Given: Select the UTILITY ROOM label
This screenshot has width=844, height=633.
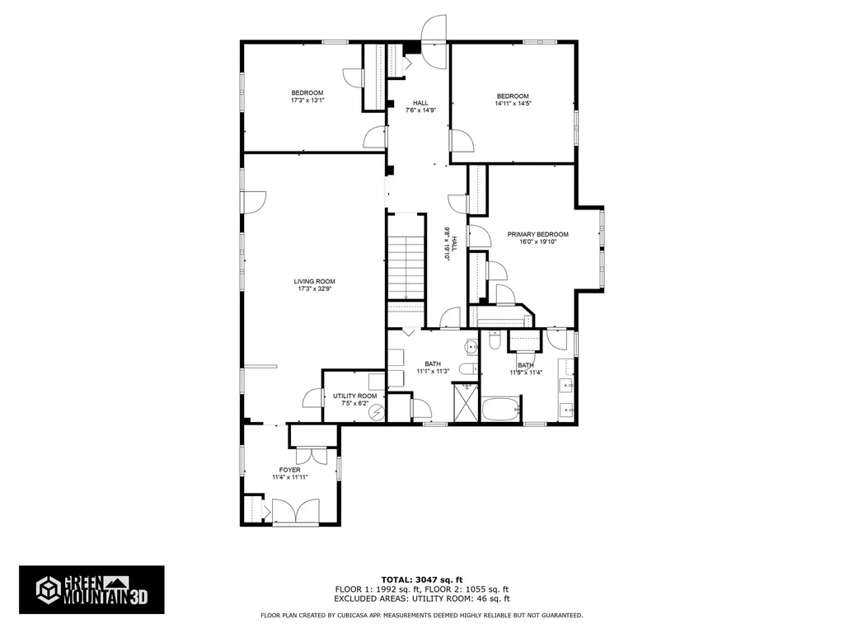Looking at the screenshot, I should coord(354,396).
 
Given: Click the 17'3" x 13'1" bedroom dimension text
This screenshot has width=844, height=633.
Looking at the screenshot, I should coord(307,101).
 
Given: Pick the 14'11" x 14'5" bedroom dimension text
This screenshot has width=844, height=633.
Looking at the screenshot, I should coord(512,104).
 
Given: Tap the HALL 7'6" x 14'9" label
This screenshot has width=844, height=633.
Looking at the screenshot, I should coord(420,106).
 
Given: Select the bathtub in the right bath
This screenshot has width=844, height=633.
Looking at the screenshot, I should coord(500,410).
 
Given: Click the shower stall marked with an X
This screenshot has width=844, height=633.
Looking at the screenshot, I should coord(467,404).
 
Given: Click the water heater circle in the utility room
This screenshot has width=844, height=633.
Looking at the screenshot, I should coord(377,411).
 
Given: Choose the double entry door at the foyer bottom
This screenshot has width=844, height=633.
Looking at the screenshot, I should coord(295,512).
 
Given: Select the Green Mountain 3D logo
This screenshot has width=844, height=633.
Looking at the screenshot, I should coord(91,589).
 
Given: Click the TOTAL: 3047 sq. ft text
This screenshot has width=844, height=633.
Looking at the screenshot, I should coord(421,579).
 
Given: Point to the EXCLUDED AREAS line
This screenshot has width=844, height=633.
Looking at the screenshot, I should coord(421,600).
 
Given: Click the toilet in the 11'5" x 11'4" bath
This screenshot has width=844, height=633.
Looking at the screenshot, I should coord(495,340).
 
